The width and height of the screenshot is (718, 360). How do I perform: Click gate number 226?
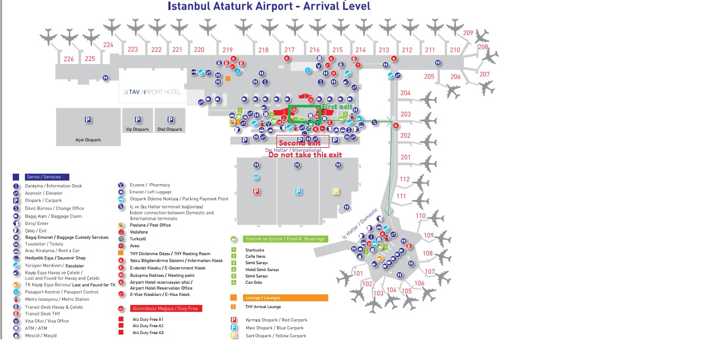[x=69, y=59]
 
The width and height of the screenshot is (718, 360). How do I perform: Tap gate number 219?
[x=227, y=50]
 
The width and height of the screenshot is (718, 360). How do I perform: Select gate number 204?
[x=405, y=93]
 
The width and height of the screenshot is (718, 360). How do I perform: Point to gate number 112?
[x=405, y=179]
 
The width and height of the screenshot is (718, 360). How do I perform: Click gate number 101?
[x=358, y=274]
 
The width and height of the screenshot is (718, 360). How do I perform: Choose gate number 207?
[x=484, y=75]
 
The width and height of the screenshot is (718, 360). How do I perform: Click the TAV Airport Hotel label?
[x=152, y=92]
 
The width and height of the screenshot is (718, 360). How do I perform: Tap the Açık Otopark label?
[x=88, y=140]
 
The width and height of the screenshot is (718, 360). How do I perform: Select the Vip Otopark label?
[x=137, y=129]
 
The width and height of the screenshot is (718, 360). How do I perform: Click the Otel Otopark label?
[x=170, y=129]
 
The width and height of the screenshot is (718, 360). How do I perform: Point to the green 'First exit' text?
[x=337, y=107]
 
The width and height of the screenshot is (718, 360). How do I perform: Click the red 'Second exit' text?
[x=300, y=143]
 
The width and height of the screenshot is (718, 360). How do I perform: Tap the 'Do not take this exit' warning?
[x=305, y=155]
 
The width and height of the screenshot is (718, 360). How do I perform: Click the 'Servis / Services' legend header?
[x=44, y=177]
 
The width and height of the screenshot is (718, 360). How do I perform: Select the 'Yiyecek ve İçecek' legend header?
[x=284, y=239]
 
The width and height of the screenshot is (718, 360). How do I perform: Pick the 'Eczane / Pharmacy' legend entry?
[x=150, y=185]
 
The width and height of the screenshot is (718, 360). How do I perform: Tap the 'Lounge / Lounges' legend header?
[x=263, y=298]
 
